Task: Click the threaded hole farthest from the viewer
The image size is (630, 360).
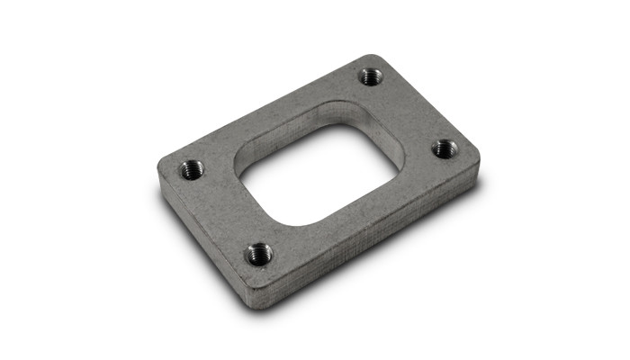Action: pyautogui.click(x=370, y=76)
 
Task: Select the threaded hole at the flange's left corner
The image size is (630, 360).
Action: pyautogui.click(x=193, y=168)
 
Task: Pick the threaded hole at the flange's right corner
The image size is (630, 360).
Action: pyautogui.click(x=444, y=148)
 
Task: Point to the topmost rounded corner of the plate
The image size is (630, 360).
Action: pyautogui.click(x=382, y=58)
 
